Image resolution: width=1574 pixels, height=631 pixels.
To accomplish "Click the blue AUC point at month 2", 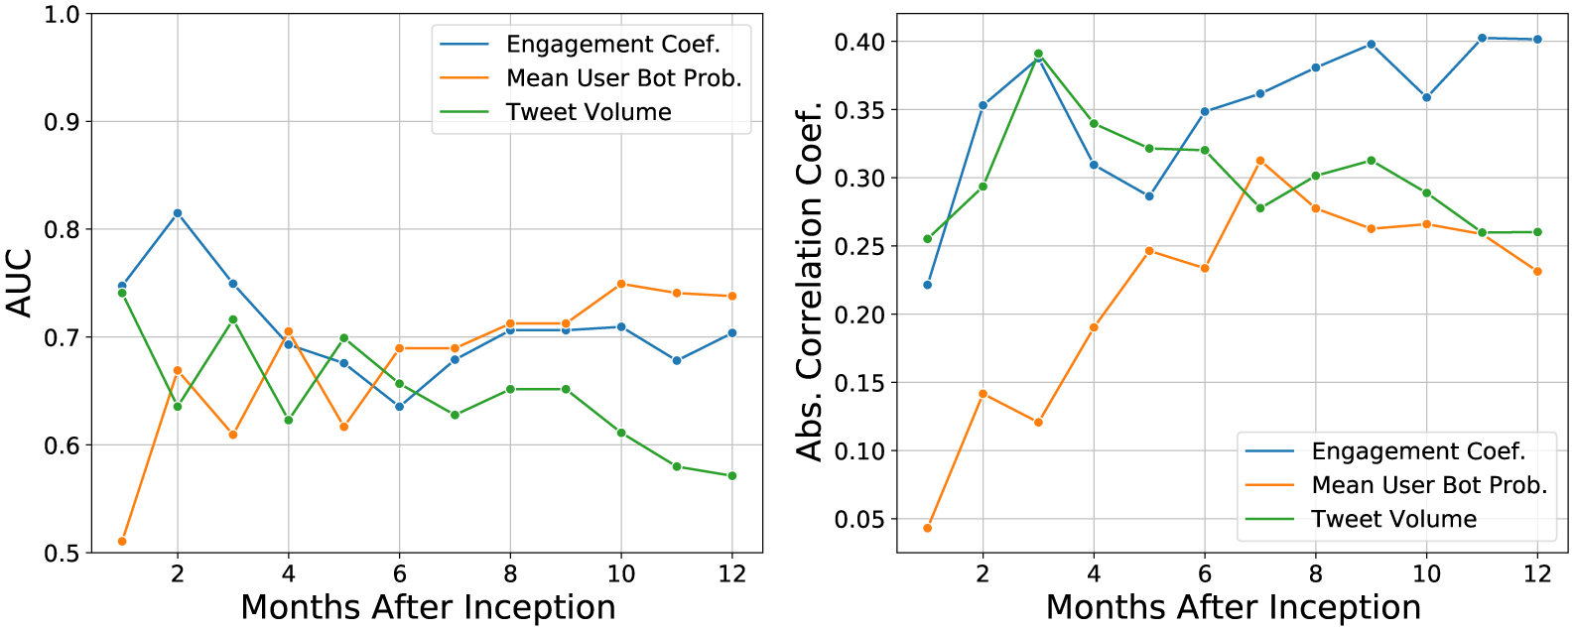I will tap(178, 213).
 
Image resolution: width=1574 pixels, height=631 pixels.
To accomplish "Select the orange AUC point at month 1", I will tap(122, 541).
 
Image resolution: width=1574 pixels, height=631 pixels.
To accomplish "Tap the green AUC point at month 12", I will tap(732, 476).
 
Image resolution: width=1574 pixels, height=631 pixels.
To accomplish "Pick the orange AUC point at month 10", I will tap(621, 284).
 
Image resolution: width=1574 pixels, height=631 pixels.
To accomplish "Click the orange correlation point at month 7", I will tap(1260, 161).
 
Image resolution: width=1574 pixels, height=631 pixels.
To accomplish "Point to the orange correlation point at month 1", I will tap(928, 528).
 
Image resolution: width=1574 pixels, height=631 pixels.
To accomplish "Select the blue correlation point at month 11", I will tap(1483, 38).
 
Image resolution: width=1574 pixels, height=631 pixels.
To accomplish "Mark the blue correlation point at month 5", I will tap(1149, 196).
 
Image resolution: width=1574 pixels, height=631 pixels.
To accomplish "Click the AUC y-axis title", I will tap(20, 284).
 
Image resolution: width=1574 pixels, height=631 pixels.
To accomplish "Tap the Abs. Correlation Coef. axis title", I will tap(811, 282).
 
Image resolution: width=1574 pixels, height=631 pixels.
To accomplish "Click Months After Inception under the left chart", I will tap(428, 607).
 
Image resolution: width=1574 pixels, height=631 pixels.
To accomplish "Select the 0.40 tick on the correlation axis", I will tap(859, 42).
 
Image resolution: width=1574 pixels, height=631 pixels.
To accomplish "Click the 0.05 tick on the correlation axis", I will tap(859, 519).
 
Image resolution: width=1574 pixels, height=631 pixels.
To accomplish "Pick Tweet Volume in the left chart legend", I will tap(589, 112).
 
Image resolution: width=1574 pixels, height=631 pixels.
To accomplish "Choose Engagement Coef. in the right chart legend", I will tap(1418, 451).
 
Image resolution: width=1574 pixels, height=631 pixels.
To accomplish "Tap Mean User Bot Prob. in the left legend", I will tap(623, 78).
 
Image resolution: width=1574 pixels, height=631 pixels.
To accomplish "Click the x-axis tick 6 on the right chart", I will tap(1205, 573).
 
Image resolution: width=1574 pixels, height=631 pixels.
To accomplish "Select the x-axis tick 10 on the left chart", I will tap(621, 573).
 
